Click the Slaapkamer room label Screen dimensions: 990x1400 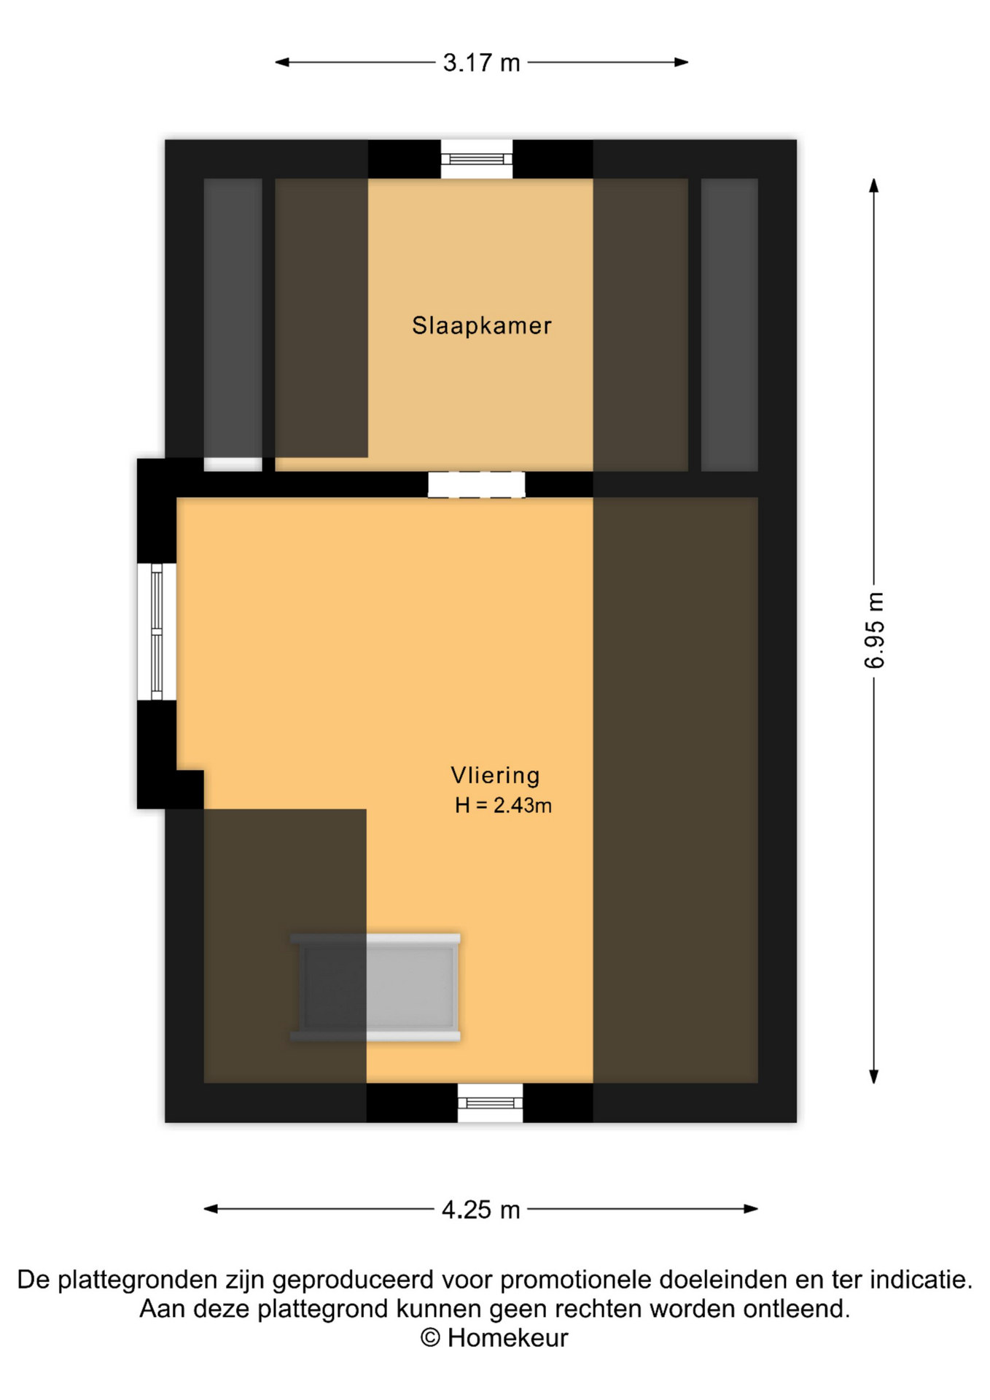pyautogui.click(x=481, y=325)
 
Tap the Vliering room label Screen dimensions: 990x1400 pyautogui.click(x=495, y=775)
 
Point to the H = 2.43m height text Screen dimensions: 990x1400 pyautogui.click(x=503, y=806)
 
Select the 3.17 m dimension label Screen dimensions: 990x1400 pyautogui.click(x=481, y=63)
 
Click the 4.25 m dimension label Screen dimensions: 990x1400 pyautogui.click(x=481, y=1210)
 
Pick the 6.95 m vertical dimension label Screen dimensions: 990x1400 pyautogui.click(x=874, y=630)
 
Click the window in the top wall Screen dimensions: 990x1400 pyautogui.click(x=477, y=158)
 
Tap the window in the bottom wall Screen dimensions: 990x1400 pyautogui.click(x=490, y=1102)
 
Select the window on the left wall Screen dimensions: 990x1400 pyautogui.click(x=157, y=631)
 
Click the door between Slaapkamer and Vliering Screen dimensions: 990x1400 pyautogui.click(x=476, y=485)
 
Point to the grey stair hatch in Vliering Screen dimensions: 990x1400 pyautogui.click(x=375, y=987)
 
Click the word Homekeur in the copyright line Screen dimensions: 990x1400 pyautogui.click(x=507, y=1338)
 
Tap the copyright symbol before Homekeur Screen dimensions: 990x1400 pyautogui.click(x=430, y=1338)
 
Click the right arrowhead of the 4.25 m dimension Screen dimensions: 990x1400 pyautogui.click(x=751, y=1209)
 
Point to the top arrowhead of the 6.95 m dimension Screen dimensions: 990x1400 pyautogui.click(x=874, y=185)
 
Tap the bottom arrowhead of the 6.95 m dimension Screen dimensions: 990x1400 pyautogui.click(x=874, y=1077)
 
